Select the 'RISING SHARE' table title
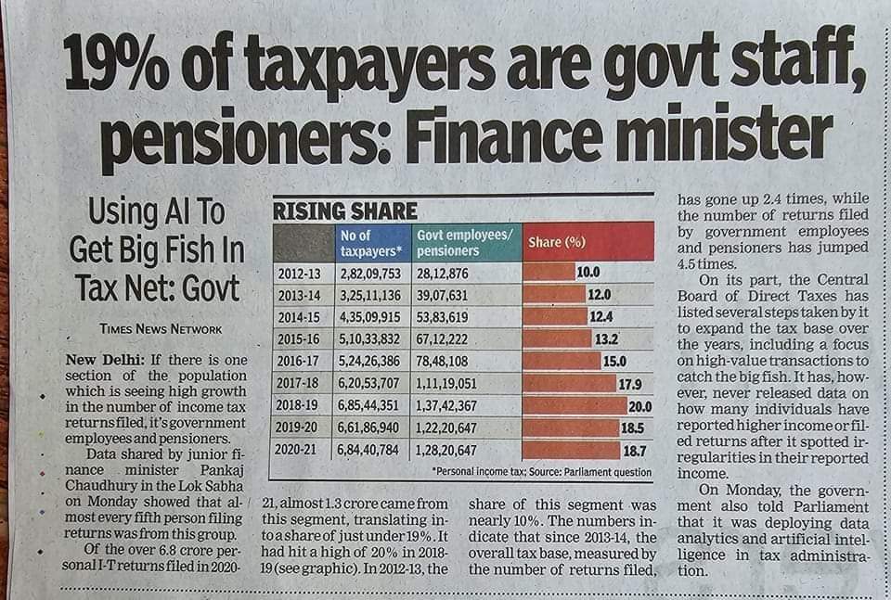coord(344,211)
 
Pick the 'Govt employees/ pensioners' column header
coord(463,243)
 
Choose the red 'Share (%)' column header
coord(557,243)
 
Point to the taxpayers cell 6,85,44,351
coord(375,404)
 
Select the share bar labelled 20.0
coord(575,405)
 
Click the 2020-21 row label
coord(301,449)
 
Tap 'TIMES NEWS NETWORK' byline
coord(161,328)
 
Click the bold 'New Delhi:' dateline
coord(98,359)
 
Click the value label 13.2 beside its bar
coord(606,338)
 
